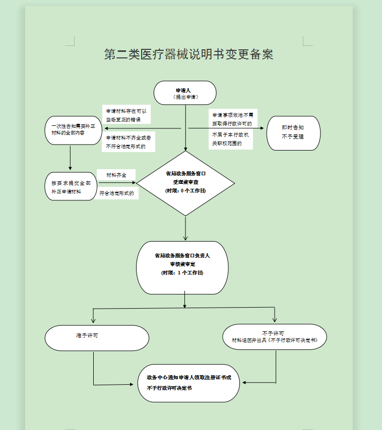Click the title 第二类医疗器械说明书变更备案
[188, 55]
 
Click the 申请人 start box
[185, 93]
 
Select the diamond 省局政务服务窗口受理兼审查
[185, 183]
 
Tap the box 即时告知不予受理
[293, 132]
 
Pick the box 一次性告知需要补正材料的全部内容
[74, 130]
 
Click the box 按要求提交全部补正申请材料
[70, 187]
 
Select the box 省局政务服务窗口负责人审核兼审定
[182, 267]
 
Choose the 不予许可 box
[274, 337]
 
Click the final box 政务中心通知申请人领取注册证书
[189, 383]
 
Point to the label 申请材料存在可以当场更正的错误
[126, 115]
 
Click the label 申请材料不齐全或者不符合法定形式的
[128, 142]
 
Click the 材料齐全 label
[116, 175]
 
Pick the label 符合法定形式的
[116, 193]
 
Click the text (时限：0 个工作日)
[185, 191]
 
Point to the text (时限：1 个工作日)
[182, 272]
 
